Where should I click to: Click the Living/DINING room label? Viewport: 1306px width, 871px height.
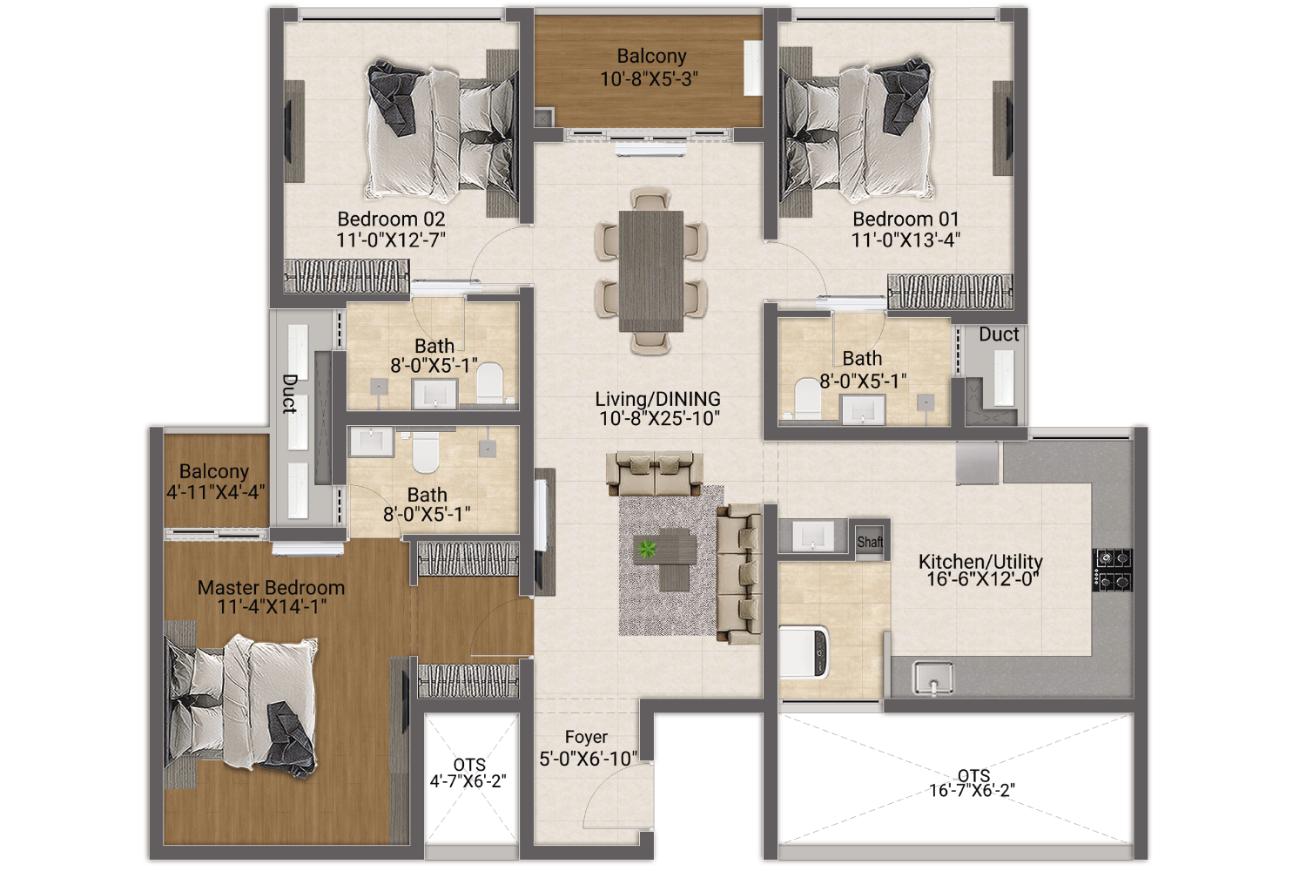point(657,399)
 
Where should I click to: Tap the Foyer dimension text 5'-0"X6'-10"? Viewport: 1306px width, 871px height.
point(588,759)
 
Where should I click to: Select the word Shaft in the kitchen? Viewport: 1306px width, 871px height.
point(870,542)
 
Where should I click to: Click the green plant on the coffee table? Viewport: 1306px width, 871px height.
point(647,549)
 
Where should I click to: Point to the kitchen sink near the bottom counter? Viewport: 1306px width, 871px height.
point(933,678)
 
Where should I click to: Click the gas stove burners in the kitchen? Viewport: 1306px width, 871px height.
point(1113,571)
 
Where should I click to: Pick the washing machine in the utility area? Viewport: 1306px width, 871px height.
point(804,652)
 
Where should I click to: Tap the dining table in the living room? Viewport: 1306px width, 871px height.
point(650,271)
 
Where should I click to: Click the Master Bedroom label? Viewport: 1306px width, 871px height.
point(271,587)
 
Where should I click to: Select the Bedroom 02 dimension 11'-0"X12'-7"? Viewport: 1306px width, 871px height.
point(391,240)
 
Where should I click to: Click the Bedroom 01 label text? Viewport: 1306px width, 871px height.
point(905,219)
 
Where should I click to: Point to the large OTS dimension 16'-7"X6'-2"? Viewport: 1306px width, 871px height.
point(972,790)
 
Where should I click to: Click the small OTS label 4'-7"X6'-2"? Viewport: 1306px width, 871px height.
point(468,780)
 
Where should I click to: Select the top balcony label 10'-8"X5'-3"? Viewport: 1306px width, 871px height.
point(649,78)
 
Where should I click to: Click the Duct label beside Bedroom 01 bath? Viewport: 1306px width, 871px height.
point(999,334)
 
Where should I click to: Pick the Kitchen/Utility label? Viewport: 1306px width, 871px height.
point(980,561)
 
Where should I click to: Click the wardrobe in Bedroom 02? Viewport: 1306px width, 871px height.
point(347,276)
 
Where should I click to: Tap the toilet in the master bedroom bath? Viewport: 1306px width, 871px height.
point(426,453)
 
